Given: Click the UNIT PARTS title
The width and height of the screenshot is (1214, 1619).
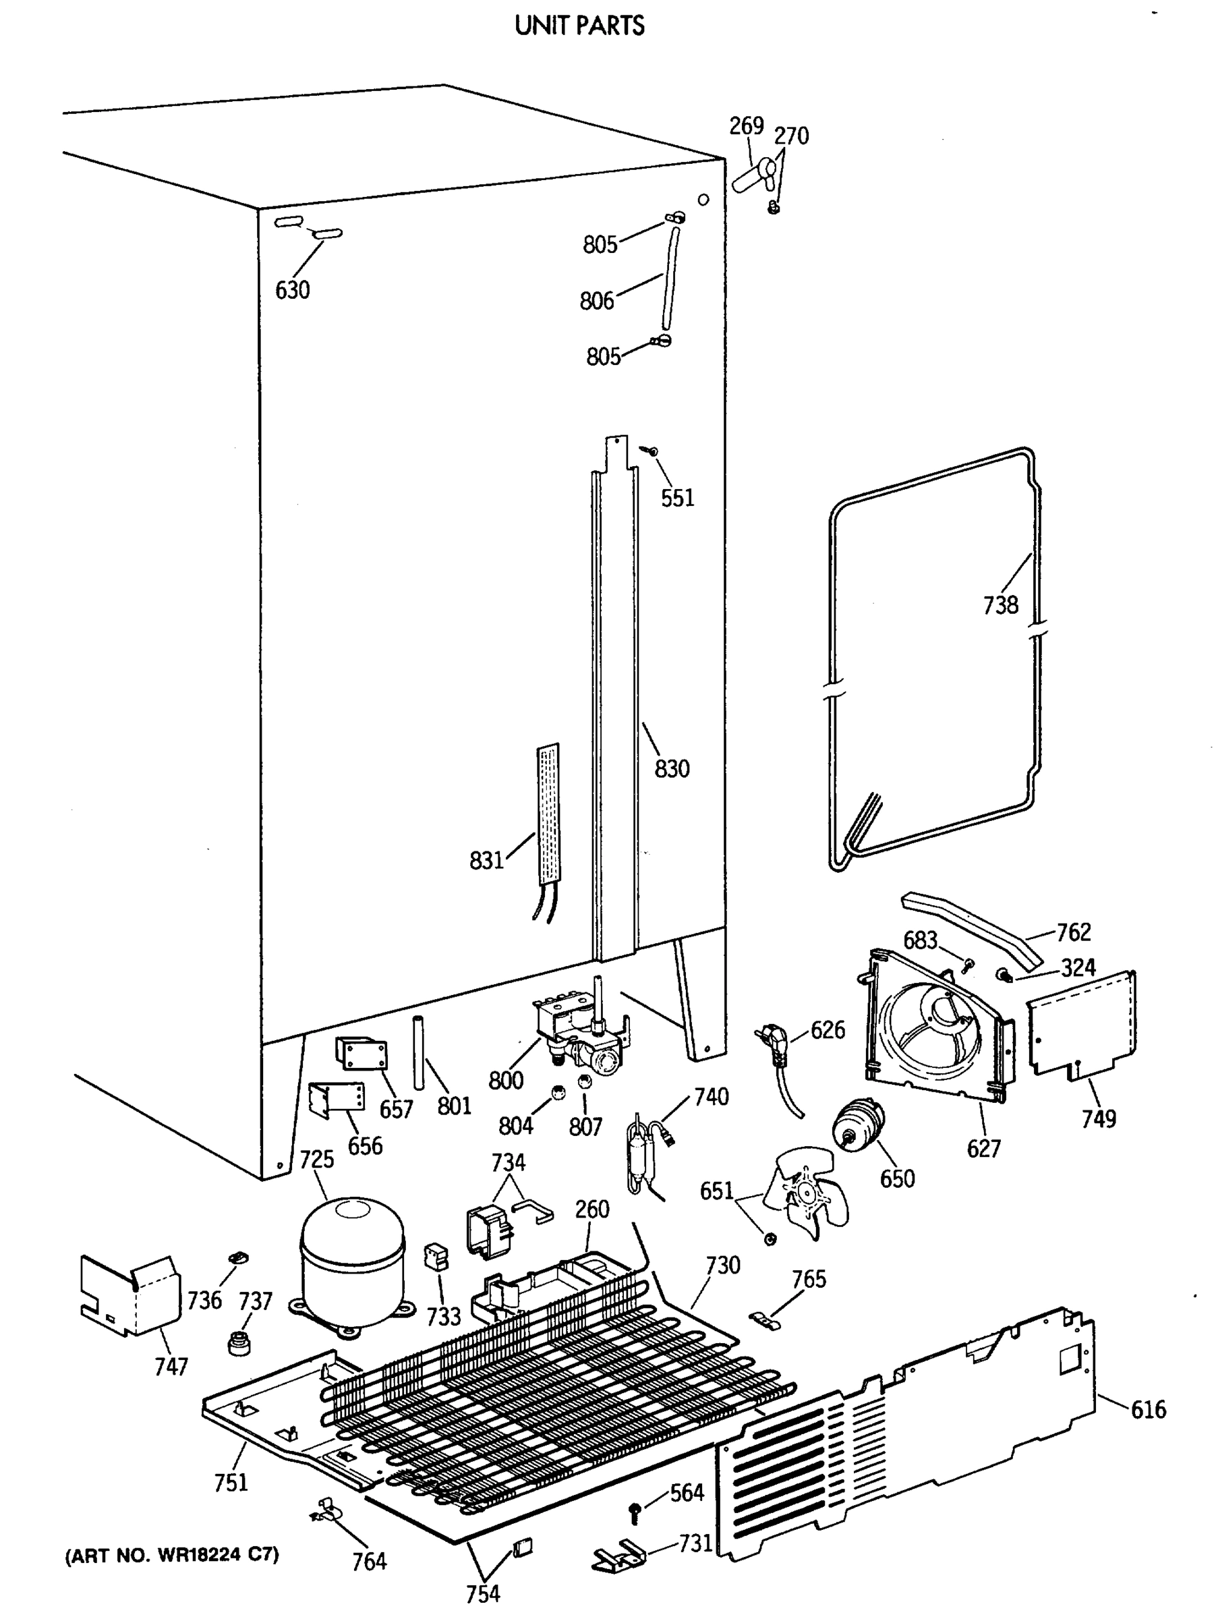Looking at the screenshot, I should point(579,26).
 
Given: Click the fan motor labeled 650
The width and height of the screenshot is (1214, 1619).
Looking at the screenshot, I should point(858,1123).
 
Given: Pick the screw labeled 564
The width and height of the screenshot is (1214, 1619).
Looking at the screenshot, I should point(635,1512).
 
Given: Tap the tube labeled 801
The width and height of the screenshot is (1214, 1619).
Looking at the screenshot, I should point(420,1051).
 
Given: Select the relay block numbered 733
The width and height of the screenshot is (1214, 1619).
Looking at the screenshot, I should point(436,1255).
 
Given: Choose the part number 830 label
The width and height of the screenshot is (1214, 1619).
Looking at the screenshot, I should point(671,768).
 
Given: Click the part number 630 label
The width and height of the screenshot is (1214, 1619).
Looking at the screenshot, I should point(292,290).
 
